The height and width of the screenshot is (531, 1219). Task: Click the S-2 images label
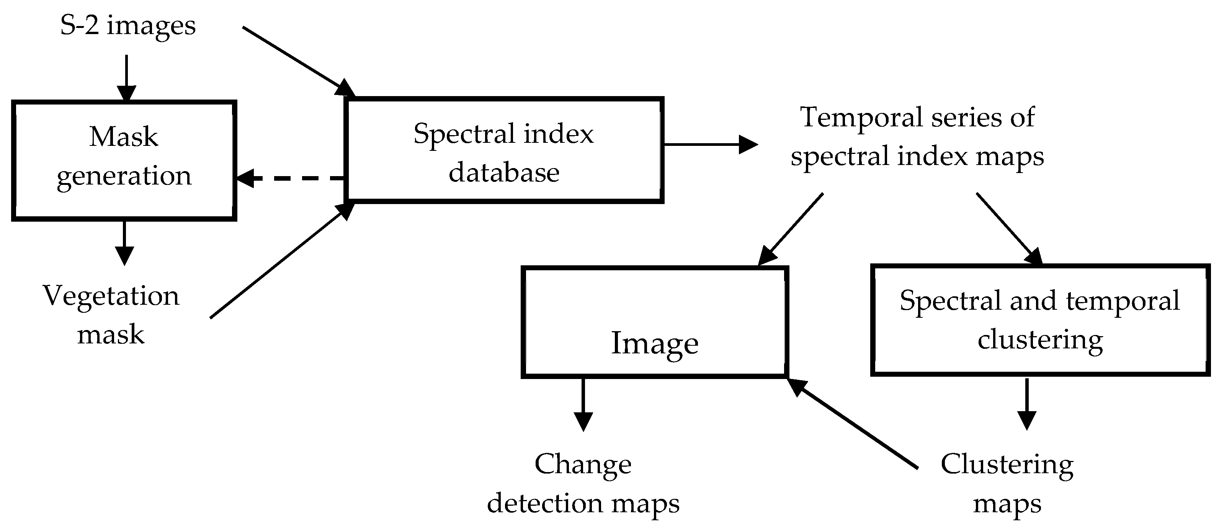pyautogui.click(x=128, y=26)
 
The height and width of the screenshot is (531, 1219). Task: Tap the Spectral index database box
pyautogui.click(x=504, y=150)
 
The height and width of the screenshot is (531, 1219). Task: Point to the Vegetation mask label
pyautogui.click(x=111, y=315)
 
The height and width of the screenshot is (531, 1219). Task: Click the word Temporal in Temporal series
pyautogui.click(x=851, y=118)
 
